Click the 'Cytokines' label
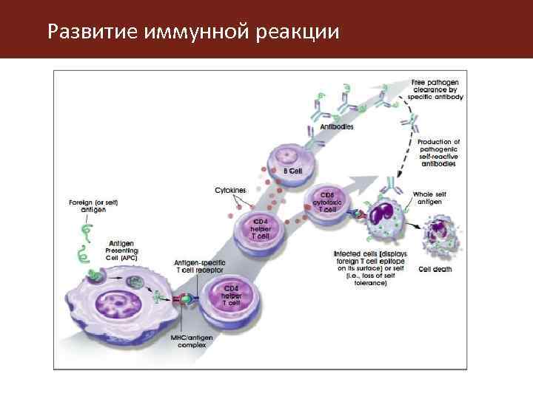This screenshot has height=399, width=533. click(x=230, y=190)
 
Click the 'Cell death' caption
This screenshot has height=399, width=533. click(x=435, y=269)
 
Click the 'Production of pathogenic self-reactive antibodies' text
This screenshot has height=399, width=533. click(x=438, y=153)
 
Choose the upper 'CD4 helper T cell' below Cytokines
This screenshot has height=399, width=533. click(x=260, y=228)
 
